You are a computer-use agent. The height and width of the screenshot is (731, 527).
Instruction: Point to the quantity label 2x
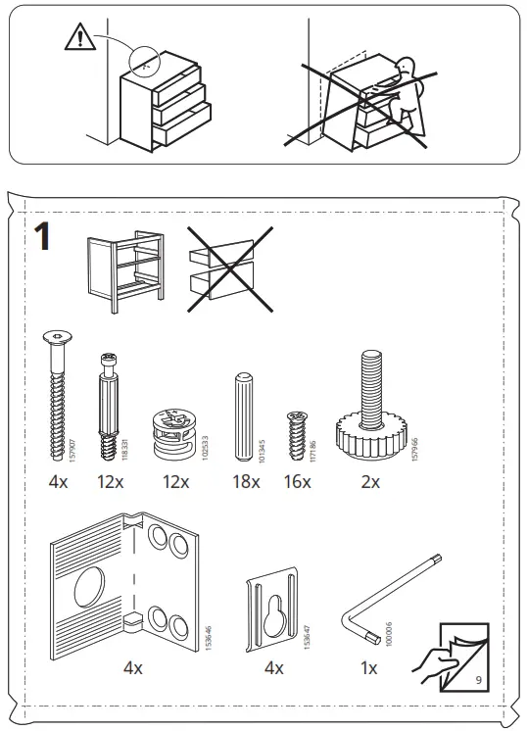(370, 481)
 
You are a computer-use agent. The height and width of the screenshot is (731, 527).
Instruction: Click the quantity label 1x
(369, 667)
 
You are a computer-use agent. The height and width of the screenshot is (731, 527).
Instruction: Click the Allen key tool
(388, 603)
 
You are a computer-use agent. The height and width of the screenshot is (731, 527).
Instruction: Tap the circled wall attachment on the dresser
(144, 62)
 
